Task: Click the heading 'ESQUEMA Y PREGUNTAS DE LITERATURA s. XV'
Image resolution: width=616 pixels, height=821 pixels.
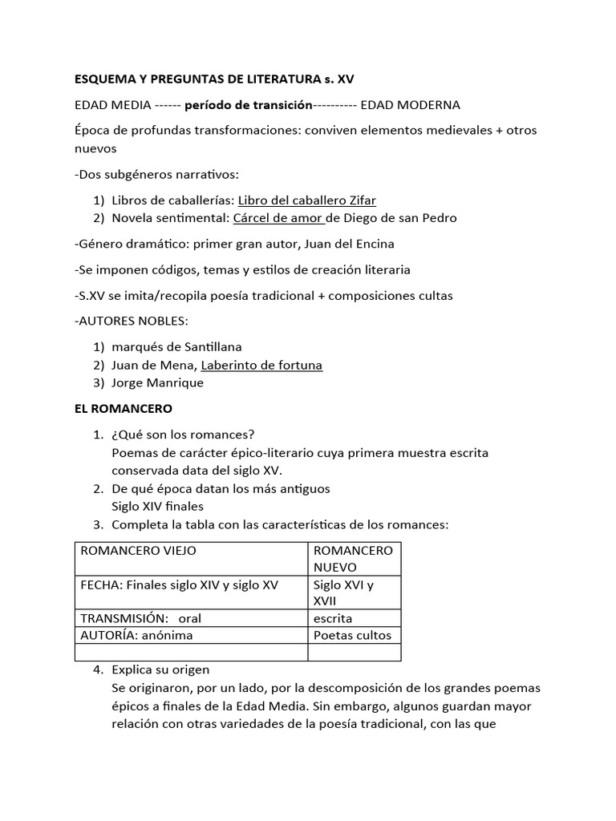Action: point(213,79)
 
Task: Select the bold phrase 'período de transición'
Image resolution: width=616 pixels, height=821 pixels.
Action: point(248,105)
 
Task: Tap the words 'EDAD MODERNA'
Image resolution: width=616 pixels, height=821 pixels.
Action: point(410,105)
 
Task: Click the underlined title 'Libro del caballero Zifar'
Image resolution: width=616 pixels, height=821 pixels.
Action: point(306,200)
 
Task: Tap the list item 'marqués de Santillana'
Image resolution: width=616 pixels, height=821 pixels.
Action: point(176,347)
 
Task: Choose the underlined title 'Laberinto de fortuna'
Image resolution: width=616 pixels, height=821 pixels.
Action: point(261,365)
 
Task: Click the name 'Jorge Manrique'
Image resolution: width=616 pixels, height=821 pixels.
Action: point(157,382)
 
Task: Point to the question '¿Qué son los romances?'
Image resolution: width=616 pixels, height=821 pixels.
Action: point(183,435)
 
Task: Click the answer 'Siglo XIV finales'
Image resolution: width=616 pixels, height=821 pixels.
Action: point(157,506)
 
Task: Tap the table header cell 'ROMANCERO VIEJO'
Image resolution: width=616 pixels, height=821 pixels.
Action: point(138,551)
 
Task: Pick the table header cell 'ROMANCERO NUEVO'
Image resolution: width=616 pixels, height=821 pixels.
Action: point(353,559)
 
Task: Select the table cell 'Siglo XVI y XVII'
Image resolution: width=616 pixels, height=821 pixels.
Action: point(343,593)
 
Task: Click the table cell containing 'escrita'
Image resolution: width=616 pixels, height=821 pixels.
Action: point(333,618)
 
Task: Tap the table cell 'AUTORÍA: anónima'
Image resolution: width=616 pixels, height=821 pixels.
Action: point(136,635)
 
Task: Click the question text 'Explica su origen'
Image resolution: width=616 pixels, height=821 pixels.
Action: point(160,670)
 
